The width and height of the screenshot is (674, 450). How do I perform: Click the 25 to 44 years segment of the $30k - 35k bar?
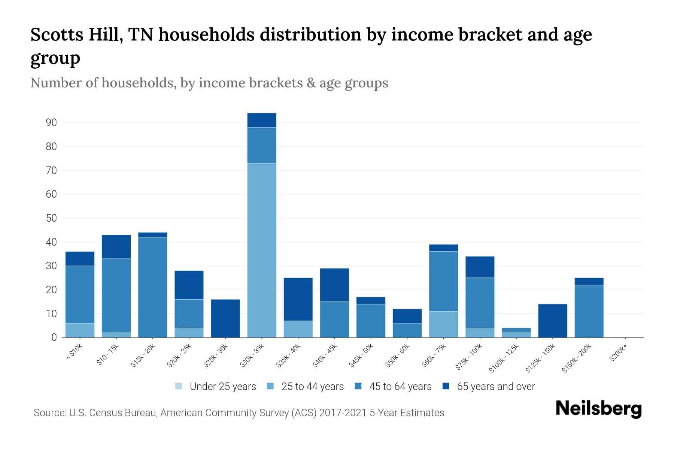(x=262, y=250)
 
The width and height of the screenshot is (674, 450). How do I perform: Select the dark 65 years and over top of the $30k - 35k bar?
(x=262, y=120)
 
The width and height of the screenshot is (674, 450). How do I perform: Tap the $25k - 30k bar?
(x=225, y=318)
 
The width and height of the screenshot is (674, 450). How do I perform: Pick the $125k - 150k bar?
(x=553, y=321)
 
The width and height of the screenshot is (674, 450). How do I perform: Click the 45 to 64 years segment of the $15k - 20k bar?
(x=153, y=287)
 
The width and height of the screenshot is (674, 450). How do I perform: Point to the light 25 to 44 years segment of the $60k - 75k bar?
(x=443, y=324)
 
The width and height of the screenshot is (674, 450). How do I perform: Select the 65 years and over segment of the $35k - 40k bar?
(x=298, y=299)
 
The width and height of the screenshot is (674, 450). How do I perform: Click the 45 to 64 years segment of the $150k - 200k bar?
(x=589, y=311)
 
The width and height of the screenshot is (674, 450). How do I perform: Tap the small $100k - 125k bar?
(x=516, y=333)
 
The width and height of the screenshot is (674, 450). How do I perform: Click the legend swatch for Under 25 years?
(x=179, y=386)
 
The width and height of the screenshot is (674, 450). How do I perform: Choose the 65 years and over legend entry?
(x=496, y=386)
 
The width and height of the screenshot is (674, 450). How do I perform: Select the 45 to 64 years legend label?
(x=400, y=386)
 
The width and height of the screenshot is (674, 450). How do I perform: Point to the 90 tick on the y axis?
(x=51, y=123)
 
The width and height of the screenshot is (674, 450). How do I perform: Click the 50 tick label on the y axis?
(x=51, y=218)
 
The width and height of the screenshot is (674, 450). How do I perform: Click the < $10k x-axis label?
(x=75, y=352)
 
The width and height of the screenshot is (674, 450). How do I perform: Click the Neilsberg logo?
(x=598, y=409)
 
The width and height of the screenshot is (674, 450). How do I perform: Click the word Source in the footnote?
(x=49, y=413)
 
